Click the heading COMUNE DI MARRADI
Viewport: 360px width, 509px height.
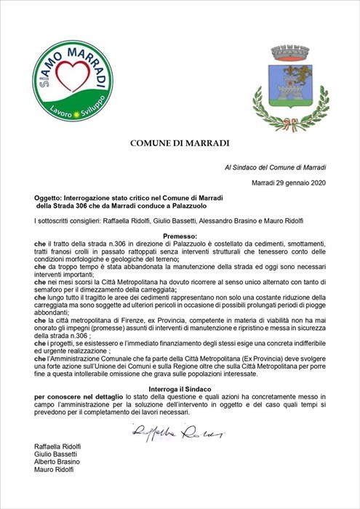coord(180,143)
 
